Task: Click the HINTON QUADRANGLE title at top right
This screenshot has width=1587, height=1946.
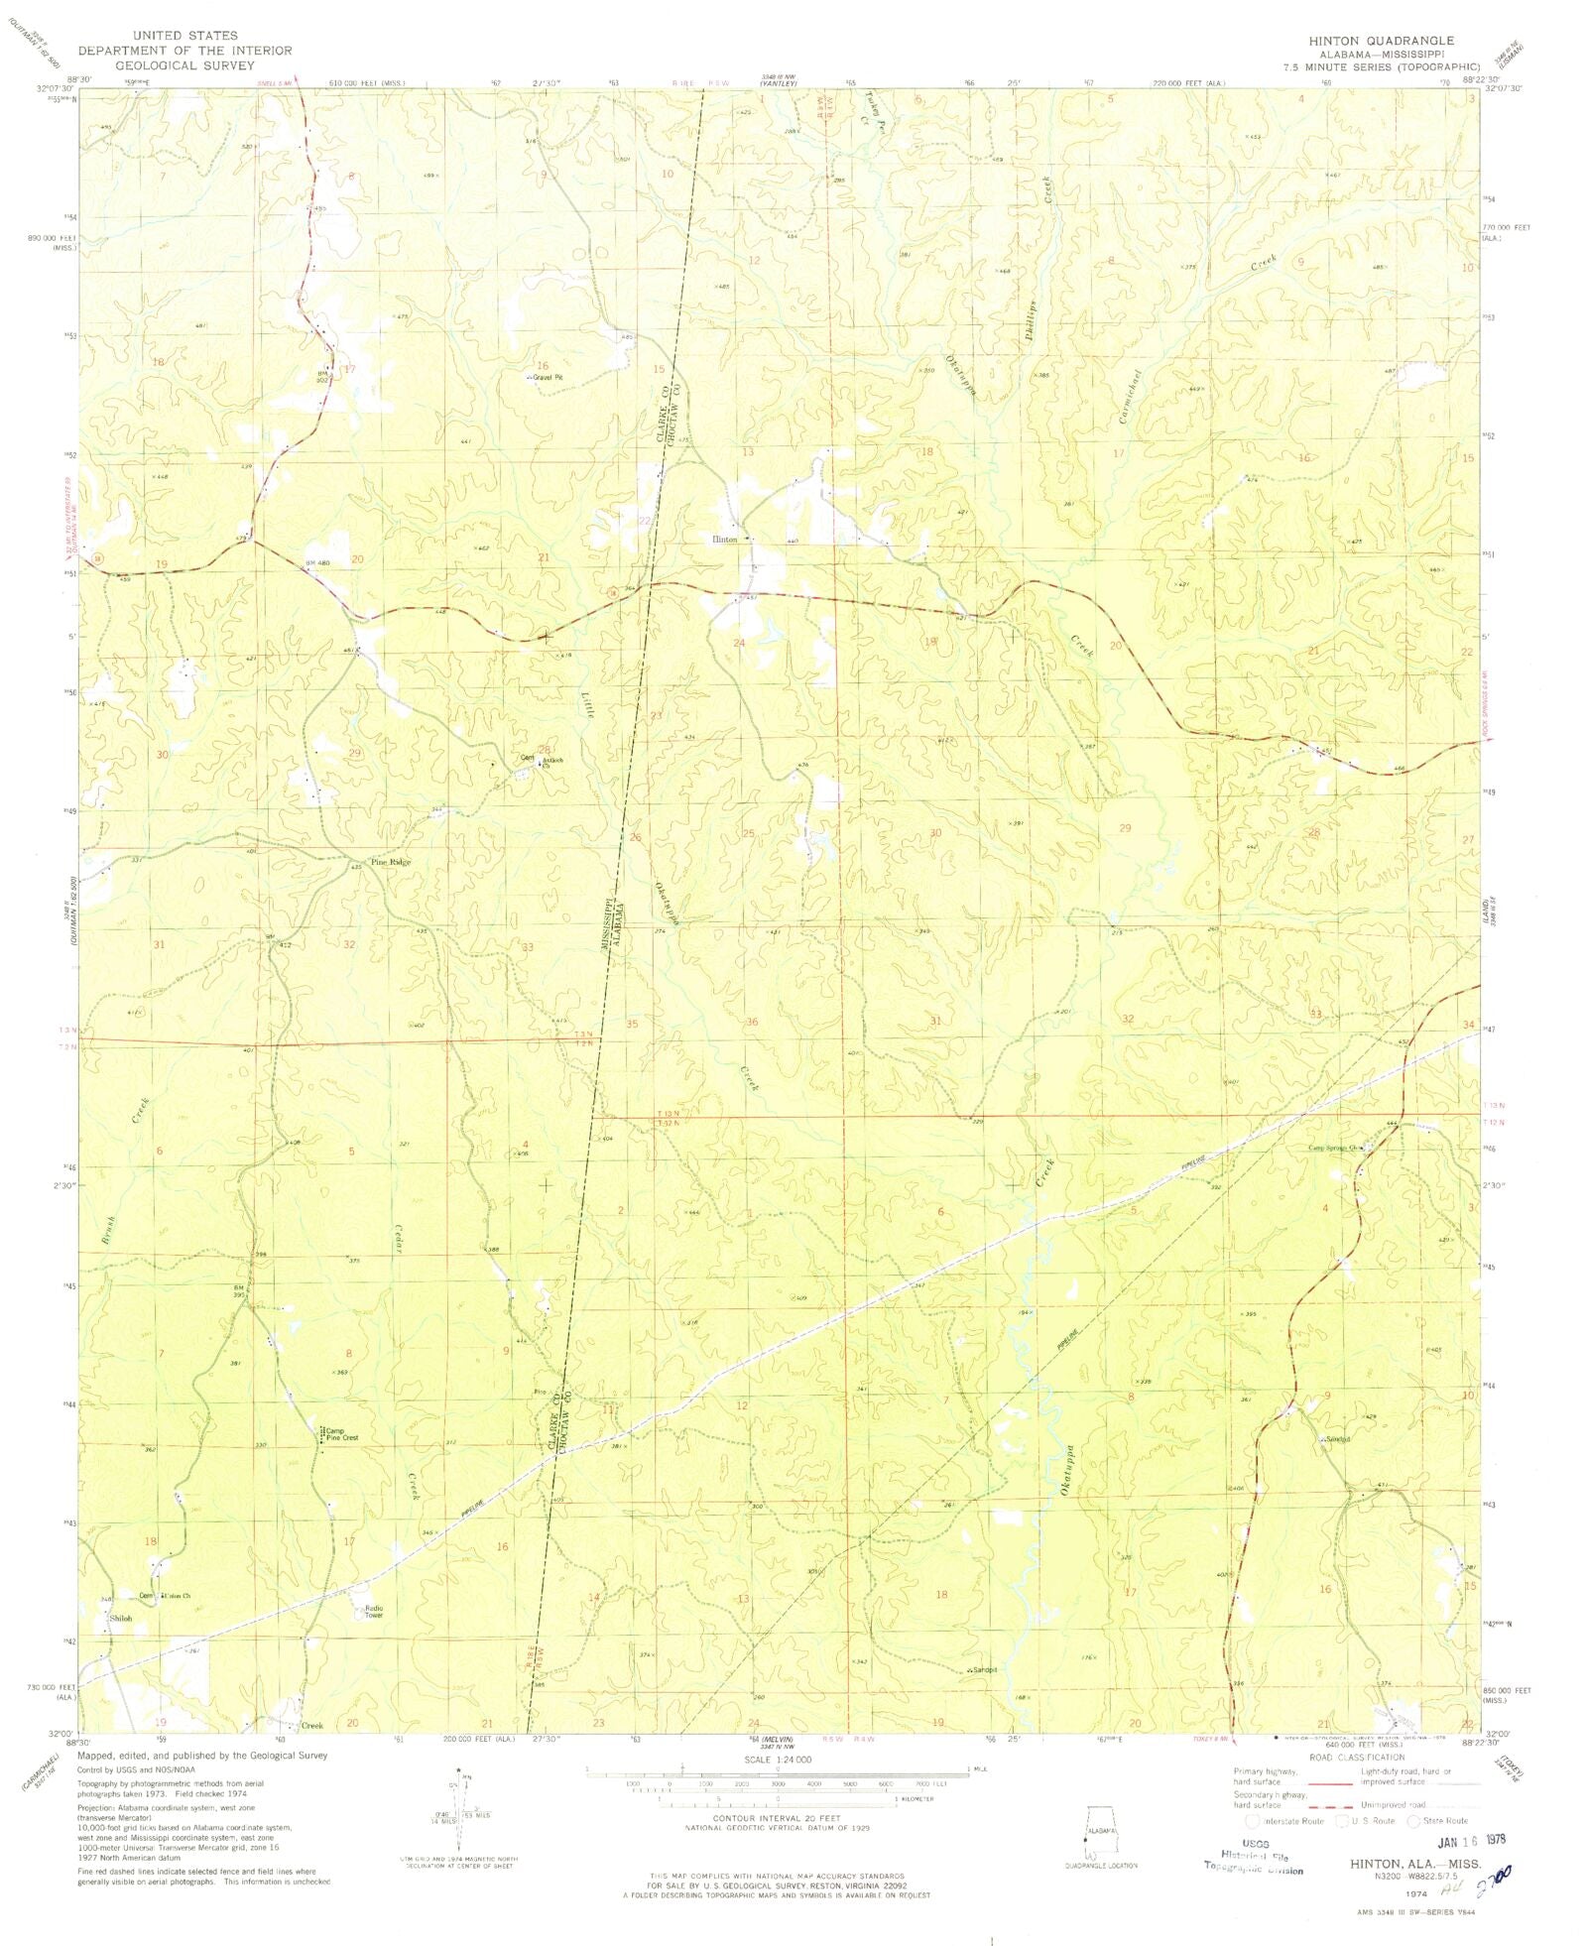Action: pos(1394,41)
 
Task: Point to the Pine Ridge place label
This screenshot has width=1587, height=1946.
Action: pos(390,862)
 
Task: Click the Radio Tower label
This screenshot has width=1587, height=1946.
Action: pos(374,1612)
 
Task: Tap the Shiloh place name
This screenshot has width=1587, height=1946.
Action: pos(120,1618)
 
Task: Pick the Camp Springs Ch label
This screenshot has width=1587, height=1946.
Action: pos(1337,1149)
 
